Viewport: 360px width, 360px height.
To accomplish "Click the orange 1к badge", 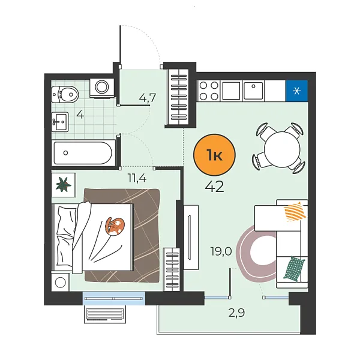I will [215, 156].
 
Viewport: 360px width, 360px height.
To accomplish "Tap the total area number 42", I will [214, 187].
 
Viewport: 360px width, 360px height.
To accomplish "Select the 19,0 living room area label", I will [221, 252].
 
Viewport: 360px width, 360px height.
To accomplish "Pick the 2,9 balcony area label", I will [236, 312].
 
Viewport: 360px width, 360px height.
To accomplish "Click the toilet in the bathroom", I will [64, 93].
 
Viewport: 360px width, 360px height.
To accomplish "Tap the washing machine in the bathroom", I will [100, 88].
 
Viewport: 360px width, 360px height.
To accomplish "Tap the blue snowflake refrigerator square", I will [296, 91].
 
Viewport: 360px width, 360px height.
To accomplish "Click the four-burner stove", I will [208, 91].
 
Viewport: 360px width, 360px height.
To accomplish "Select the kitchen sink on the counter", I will [253, 91].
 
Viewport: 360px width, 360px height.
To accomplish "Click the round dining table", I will [280, 146].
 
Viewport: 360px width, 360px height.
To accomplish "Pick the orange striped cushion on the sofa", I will [295, 211].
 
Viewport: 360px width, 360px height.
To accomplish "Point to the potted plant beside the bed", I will [62, 185].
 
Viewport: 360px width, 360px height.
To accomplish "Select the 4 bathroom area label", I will [79, 115].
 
